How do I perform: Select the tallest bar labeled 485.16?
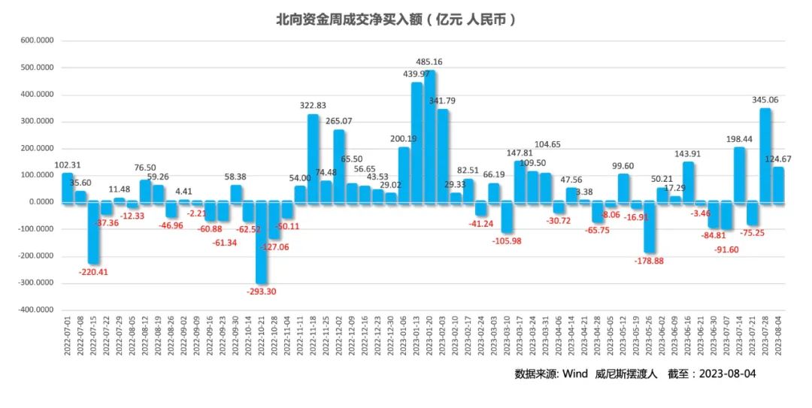click(430, 135)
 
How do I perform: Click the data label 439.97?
click(417, 74)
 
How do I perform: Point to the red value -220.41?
click(94, 272)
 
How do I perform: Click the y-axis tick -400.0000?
click(36, 310)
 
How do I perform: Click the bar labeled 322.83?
click(314, 158)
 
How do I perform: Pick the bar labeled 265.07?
click(339, 166)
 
